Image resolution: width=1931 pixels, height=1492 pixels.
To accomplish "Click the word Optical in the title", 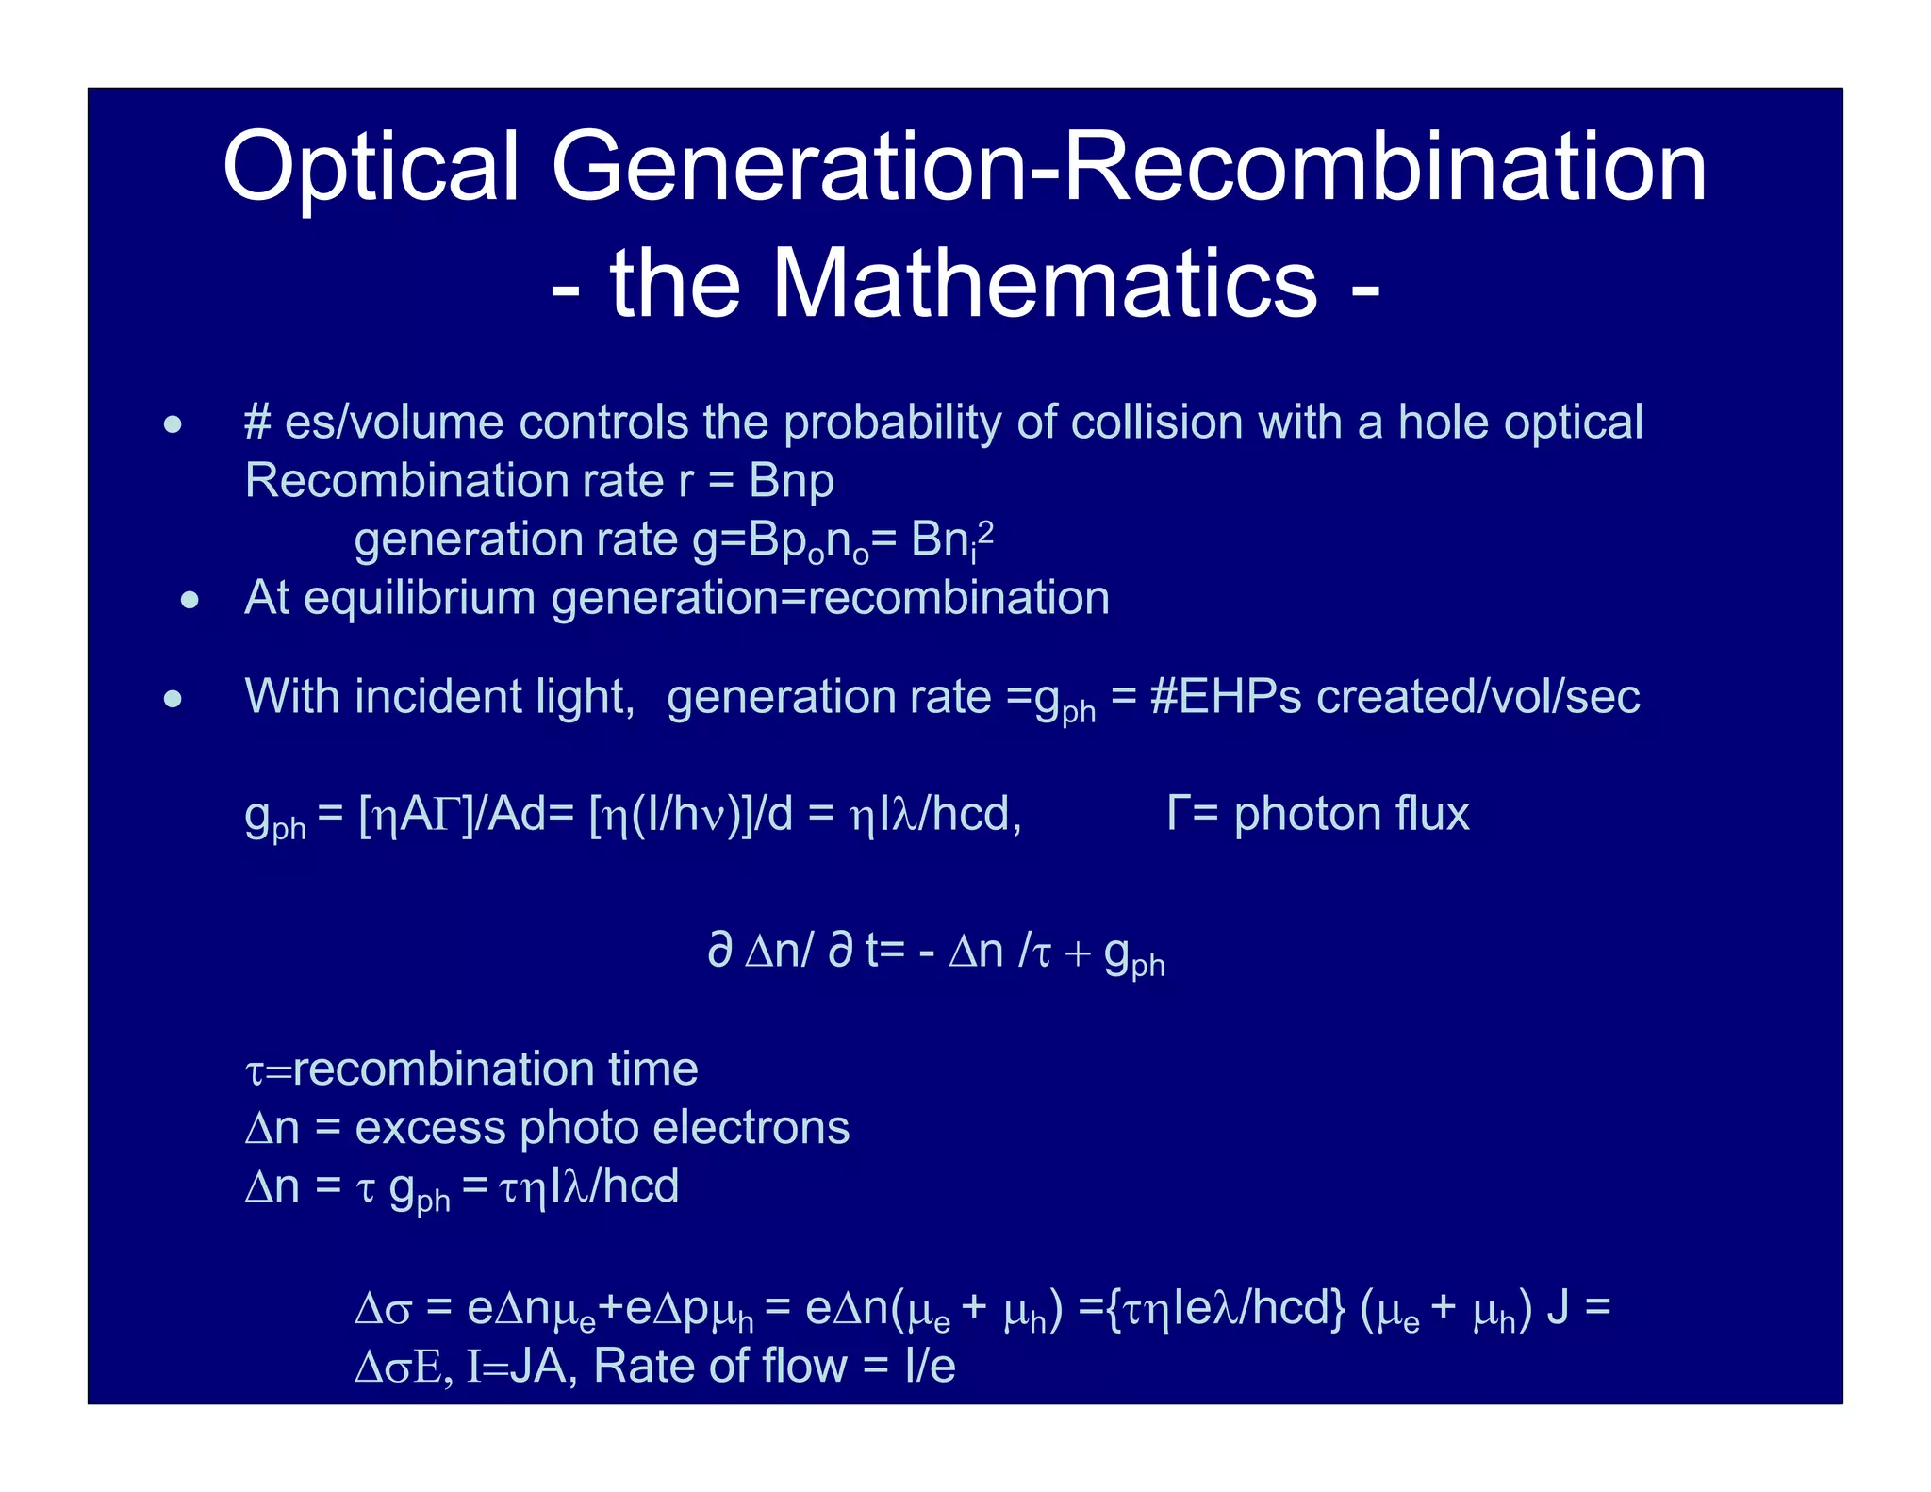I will coord(371,167).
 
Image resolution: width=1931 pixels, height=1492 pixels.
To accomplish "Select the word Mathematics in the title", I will coord(1044,284).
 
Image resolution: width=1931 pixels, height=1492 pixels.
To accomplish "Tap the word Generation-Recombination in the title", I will coord(1129,167).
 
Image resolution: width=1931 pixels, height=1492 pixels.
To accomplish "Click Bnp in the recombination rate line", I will coord(791,481).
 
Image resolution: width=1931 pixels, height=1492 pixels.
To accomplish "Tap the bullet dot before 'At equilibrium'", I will coord(190,600).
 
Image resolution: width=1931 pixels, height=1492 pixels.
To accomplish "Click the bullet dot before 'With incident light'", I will coord(173,699).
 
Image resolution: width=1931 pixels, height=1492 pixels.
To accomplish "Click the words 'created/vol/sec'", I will coord(1477,697).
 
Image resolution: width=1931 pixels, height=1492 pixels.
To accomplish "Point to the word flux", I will coord(1432,814).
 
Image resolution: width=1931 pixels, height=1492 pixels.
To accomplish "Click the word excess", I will coord(430,1128).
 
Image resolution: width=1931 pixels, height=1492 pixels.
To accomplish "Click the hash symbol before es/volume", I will coord(257,423).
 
